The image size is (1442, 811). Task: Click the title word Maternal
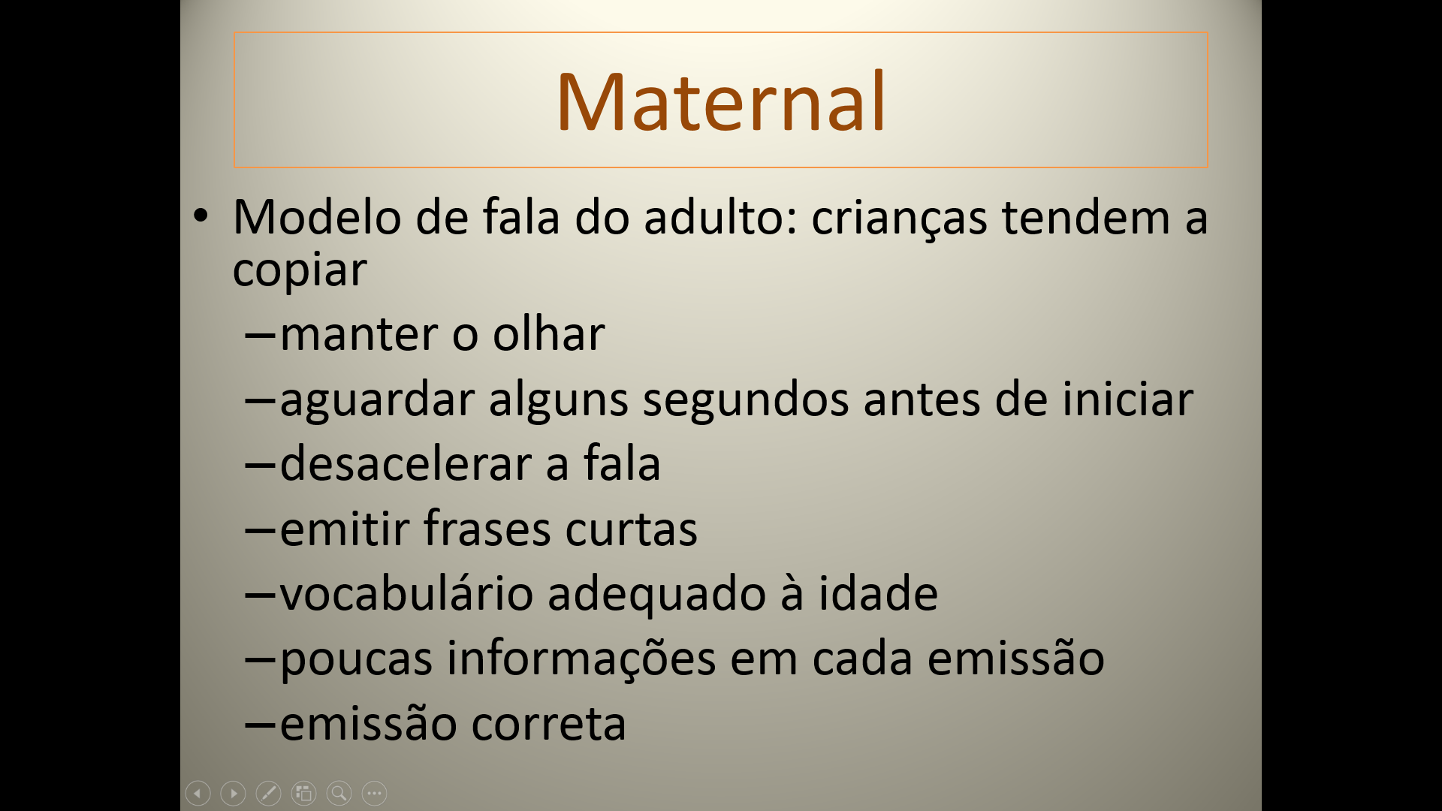click(x=721, y=101)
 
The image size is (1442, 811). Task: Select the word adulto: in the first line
click(x=720, y=217)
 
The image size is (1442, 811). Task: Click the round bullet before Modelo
click(x=201, y=216)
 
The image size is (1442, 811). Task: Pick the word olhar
click(x=548, y=333)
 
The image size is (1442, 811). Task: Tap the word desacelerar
click(x=406, y=463)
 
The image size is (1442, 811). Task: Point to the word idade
click(x=878, y=593)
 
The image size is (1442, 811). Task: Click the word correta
click(x=548, y=724)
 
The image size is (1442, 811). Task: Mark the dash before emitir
click(x=261, y=530)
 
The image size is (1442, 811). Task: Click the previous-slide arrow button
click(x=198, y=793)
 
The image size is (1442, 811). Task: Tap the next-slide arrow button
click(x=234, y=793)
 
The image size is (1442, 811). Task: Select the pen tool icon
click(x=268, y=793)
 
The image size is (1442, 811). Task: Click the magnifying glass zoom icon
click(x=339, y=793)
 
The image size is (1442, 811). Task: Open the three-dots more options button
click(x=374, y=793)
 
